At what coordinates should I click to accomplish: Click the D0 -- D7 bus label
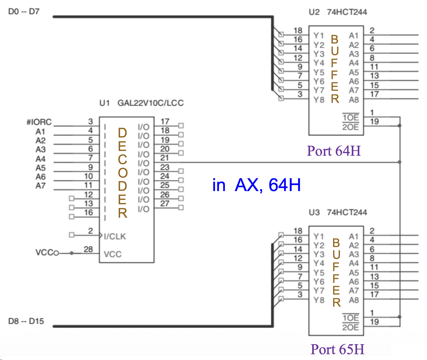pyautogui.click(x=24, y=12)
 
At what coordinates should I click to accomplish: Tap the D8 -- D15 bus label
pyautogui.click(x=26, y=321)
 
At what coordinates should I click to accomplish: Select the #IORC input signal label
pyautogui.click(x=39, y=122)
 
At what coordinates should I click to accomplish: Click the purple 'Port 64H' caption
pyautogui.click(x=334, y=151)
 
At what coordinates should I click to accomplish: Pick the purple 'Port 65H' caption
pyautogui.click(x=337, y=349)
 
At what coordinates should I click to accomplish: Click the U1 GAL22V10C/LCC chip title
pyautogui.click(x=141, y=103)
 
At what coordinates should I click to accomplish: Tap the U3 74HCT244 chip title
pyautogui.click(x=338, y=212)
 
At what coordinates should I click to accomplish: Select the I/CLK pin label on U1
pyautogui.click(x=115, y=236)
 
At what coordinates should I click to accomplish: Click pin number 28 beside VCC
pyautogui.click(x=88, y=249)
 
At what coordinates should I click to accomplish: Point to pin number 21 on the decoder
pyautogui.click(x=164, y=158)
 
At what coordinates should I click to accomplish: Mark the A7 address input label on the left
pyautogui.click(x=41, y=186)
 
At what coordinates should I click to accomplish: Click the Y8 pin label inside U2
pyautogui.click(x=319, y=100)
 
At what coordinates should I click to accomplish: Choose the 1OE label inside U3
pyautogui.click(x=350, y=318)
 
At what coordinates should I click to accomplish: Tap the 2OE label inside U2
pyautogui.click(x=350, y=127)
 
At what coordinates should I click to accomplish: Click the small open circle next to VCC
pyautogui.click(x=56, y=253)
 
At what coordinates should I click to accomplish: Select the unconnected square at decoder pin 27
pyautogui.click(x=181, y=208)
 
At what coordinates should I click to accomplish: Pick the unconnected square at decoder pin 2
pyautogui.click(x=71, y=235)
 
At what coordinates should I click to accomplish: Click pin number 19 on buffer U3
pyautogui.click(x=374, y=322)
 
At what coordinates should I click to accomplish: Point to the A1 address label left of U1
pyautogui.click(x=41, y=131)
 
